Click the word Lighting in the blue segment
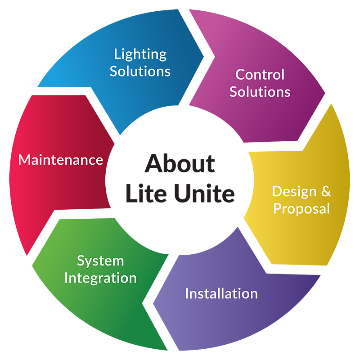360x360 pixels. [140, 55]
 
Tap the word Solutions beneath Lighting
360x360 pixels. [140, 71]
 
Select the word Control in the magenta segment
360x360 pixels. [260, 74]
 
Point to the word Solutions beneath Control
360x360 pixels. [260, 92]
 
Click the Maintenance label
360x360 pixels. [60, 160]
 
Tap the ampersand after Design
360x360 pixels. [325, 191]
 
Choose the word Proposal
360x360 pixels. [301, 209]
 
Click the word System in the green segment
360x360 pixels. [100, 261]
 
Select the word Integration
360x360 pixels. [100, 278]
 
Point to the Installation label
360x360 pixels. [221, 294]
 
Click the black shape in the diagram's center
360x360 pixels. [180, 180]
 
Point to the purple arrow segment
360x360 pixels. [270, 324]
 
